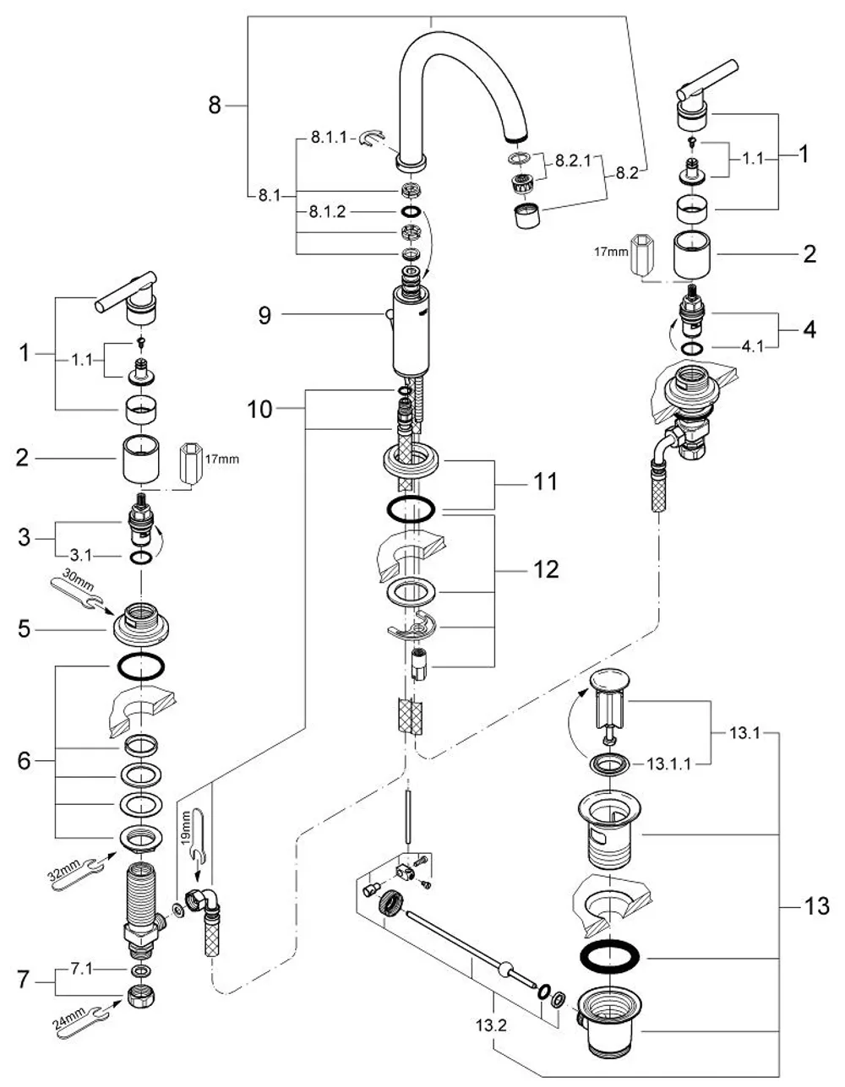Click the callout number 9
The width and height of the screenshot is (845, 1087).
pyautogui.click(x=264, y=316)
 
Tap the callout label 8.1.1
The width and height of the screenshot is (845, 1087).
pyautogui.click(x=329, y=137)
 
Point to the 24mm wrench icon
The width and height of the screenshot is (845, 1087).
pyautogui.click(x=83, y=1015)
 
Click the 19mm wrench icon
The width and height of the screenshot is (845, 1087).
pyautogui.click(x=194, y=840)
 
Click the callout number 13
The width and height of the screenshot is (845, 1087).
pyautogui.click(x=816, y=905)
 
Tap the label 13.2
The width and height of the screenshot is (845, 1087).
pyautogui.click(x=491, y=1025)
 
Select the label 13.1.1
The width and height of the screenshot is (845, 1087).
pyautogui.click(x=669, y=764)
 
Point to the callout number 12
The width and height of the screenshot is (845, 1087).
pyautogui.click(x=545, y=569)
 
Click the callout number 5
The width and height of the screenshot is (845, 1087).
pyautogui.click(x=24, y=628)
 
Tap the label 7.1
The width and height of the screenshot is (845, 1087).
pyautogui.click(x=82, y=969)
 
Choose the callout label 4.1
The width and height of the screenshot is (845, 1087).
pyautogui.click(x=752, y=346)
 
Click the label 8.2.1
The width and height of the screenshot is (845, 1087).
pyautogui.click(x=574, y=160)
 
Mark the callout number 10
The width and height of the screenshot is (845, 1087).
pyautogui.click(x=260, y=410)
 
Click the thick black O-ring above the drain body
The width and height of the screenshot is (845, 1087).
pyautogui.click(x=609, y=958)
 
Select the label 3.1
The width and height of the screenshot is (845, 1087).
pyautogui.click(x=80, y=555)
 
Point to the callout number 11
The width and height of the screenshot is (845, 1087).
pyautogui.click(x=545, y=481)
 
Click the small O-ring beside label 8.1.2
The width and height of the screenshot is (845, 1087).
pyautogui.click(x=412, y=212)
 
